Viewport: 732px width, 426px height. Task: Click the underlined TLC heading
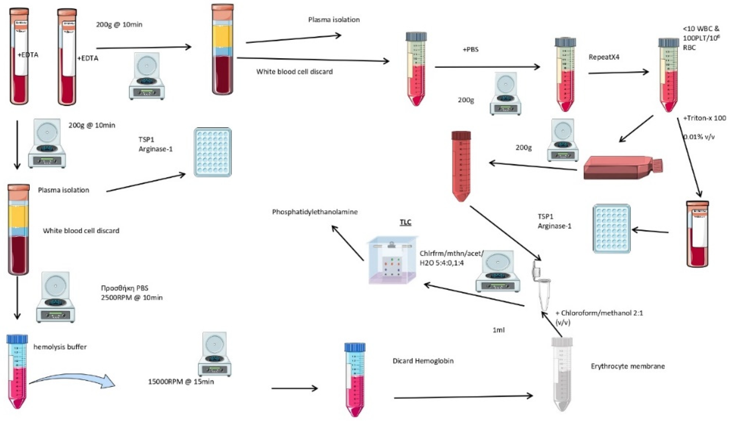[x=405, y=222]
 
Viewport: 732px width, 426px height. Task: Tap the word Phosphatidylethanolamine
[x=315, y=212]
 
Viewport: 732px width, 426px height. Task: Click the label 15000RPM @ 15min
[x=181, y=382]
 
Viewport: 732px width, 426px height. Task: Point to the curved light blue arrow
[x=73, y=381]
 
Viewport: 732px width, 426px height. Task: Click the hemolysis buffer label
[x=60, y=347]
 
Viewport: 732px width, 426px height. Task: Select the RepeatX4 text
[x=604, y=57]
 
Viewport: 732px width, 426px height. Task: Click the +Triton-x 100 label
[x=704, y=118]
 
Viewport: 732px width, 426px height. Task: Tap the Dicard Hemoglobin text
[x=423, y=361]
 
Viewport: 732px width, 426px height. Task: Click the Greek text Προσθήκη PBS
[x=124, y=288]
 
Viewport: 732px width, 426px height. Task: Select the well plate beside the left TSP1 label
[x=213, y=152]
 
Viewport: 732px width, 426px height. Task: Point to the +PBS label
[x=471, y=50]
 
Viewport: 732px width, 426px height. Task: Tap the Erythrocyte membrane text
[x=628, y=366]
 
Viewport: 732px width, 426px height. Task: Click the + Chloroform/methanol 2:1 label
[x=599, y=313]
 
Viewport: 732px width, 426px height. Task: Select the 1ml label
[x=498, y=330]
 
